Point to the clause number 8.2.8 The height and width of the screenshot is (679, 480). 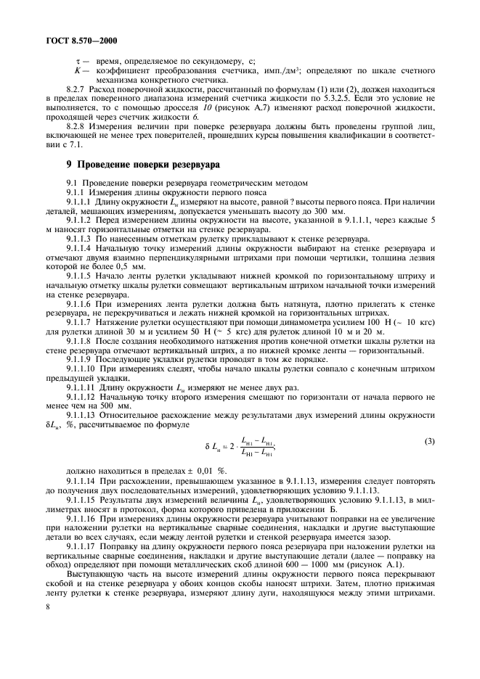(x=77, y=126)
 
